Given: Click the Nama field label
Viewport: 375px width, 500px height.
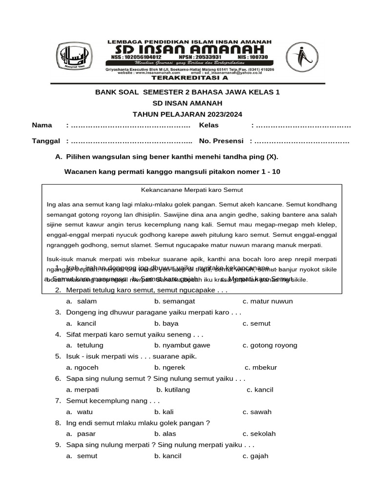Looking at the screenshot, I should [x=42, y=125].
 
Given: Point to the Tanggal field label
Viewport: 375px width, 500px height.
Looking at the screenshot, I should [x=46, y=141].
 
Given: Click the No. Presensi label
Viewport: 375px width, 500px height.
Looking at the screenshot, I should [x=221, y=141].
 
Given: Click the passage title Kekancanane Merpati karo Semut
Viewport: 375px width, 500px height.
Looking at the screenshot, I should [x=192, y=190].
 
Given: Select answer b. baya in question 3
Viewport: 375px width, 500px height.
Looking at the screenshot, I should [x=167, y=323].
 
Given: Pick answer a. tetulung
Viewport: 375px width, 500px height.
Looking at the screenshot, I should [x=85, y=345].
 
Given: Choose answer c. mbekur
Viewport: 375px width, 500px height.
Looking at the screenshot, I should [x=261, y=368].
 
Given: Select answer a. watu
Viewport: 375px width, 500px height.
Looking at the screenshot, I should [x=80, y=412].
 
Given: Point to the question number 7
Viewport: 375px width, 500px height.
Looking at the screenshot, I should [x=58, y=401].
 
